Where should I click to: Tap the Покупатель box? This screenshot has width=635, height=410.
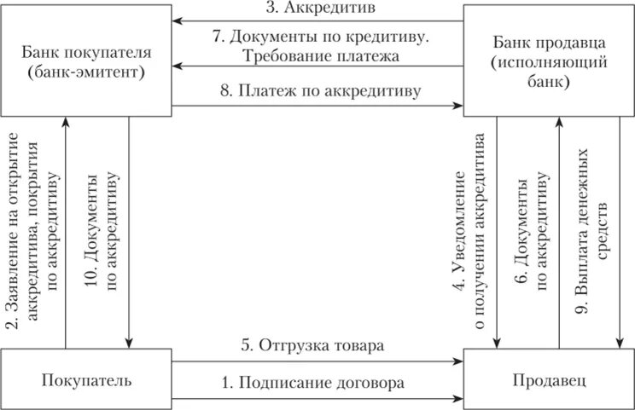[x=85, y=379]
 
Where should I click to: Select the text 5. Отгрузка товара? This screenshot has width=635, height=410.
[x=317, y=346]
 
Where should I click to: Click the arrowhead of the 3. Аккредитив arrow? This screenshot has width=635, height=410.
[x=177, y=21]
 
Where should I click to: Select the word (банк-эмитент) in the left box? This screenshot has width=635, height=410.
[x=85, y=72]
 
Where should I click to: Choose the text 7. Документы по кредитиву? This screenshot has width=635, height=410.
[x=318, y=38]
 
